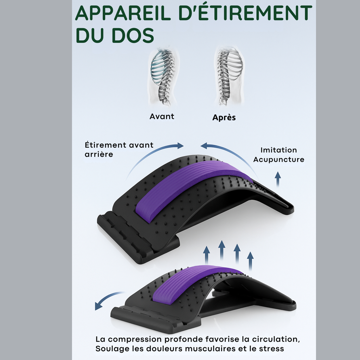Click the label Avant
pyautogui.click(x=162, y=116)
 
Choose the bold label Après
pyautogui.click(x=224, y=118)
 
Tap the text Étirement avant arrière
pyautogui.click(x=119, y=149)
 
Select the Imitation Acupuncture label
pyautogui.click(x=279, y=155)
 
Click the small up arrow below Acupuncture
pyautogui.click(x=278, y=179)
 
